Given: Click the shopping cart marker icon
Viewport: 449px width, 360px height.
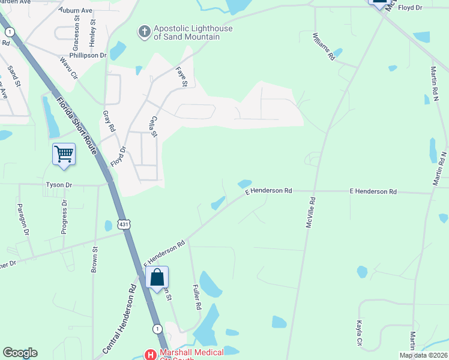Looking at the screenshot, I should click(64, 154).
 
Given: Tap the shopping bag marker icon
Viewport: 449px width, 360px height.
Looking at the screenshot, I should click(157, 277).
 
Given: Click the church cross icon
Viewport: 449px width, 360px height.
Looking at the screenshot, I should click(144, 32).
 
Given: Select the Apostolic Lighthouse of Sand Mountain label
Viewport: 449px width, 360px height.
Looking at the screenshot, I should click(186, 32).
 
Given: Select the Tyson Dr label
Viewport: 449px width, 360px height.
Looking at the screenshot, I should click(59, 185).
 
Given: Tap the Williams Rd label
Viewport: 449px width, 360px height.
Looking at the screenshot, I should click(324, 47).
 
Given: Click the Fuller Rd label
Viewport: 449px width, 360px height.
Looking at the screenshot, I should click(196, 297).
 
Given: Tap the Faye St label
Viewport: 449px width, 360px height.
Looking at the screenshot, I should click(182, 76).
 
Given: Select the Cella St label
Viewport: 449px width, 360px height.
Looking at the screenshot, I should click(154, 126).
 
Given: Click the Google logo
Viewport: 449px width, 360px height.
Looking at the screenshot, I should click(20, 353).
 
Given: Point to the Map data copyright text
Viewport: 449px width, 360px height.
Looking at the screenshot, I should click(423, 355).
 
